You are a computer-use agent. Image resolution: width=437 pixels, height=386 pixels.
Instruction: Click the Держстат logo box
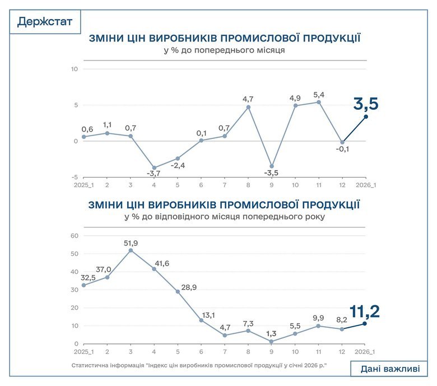(x=45, y=22)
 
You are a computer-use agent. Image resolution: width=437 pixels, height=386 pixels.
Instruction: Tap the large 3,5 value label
(x=365, y=104)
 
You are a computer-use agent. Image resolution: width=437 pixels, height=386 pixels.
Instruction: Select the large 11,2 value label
(x=364, y=311)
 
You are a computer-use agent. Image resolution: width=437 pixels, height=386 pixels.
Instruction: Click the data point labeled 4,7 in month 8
(x=248, y=107)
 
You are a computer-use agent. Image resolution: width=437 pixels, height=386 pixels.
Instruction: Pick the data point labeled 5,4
(x=319, y=102)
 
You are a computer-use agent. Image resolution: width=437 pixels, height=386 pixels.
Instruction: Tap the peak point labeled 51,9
(x=131, y=250)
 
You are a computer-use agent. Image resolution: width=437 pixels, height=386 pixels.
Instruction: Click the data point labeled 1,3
(x=272, y=341)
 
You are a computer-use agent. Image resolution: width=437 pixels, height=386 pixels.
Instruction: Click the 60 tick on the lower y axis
(x=73, y=236)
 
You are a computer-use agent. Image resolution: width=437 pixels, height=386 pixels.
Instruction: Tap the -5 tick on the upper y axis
(x=73, y=176)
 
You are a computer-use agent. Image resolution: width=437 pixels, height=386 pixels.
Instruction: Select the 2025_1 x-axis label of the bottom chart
(x=83, y=351)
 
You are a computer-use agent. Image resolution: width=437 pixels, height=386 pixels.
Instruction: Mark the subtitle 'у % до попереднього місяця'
(x=224, y=50)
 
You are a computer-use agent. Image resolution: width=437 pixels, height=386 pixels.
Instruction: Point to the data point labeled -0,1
(x=342, y=142)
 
